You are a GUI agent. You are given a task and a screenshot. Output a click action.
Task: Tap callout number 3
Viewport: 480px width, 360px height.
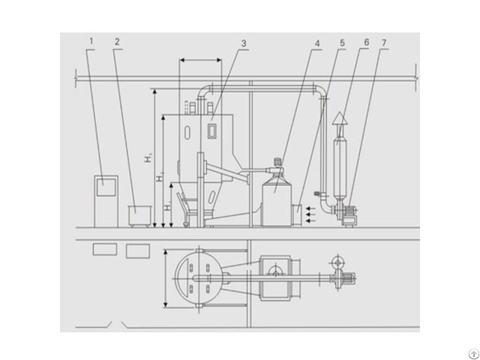(243, 43)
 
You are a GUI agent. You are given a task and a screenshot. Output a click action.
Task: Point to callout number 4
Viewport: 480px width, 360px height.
(317, 43)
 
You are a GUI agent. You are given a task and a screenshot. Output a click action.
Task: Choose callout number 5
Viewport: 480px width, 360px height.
(341, 43)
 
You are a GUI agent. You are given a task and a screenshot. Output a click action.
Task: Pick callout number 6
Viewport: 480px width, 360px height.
(365, 43)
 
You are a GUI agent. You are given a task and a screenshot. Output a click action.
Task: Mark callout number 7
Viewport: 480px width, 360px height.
(384, 43)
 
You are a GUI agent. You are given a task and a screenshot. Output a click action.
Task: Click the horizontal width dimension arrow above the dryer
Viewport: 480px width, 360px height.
(200, 61)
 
